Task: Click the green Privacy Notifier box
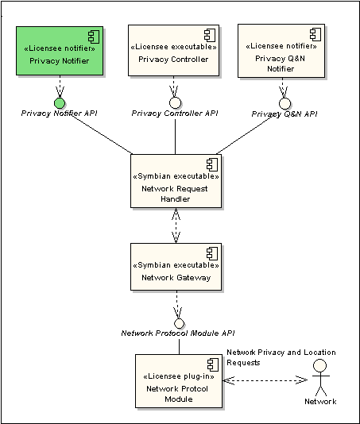point(60,51)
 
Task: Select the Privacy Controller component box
point(173,51)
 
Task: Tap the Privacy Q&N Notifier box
point(281,51)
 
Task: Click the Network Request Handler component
point(176,181)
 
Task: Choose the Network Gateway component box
point(176,267)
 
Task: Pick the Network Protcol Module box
point(179,381)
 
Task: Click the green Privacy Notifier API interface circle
point(60,103)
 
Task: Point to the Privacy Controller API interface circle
point(175,102)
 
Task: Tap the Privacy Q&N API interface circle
point(285,103)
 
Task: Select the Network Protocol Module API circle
point(179,323)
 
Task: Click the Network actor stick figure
point(320,377)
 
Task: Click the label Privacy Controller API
point(175,114)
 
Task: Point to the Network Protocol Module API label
point(178,333)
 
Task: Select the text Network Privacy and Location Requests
point(281,357)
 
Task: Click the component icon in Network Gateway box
point(212,253)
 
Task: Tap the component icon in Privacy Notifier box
point(94,37)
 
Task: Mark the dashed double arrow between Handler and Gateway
point(176,225)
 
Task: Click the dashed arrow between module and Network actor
point(265,380)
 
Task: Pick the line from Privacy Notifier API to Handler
point(102,135)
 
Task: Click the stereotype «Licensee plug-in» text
point(179,376)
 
